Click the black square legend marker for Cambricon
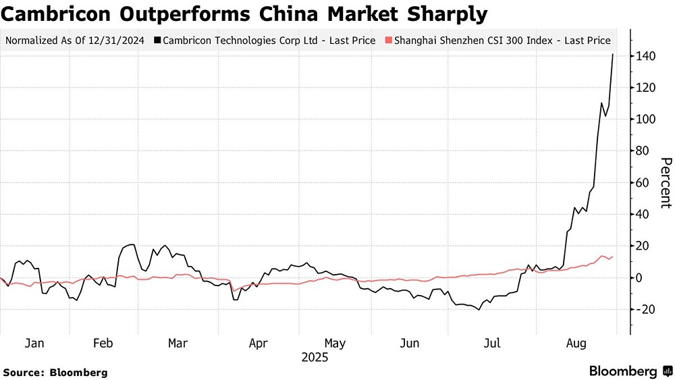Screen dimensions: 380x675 click(x=157, y=40)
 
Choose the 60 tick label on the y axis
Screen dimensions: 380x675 click(x=645, y=183)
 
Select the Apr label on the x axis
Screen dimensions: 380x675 click(x=258, y=343)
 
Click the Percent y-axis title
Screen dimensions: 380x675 click(x=666, y=182)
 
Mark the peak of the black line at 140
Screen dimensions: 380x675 click(x=612, y=55)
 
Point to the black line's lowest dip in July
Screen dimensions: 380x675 click(x=479, y=309)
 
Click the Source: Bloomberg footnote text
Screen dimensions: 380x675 click(x=55, y=372)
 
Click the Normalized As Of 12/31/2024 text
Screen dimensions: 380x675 click(x=76, y=40)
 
